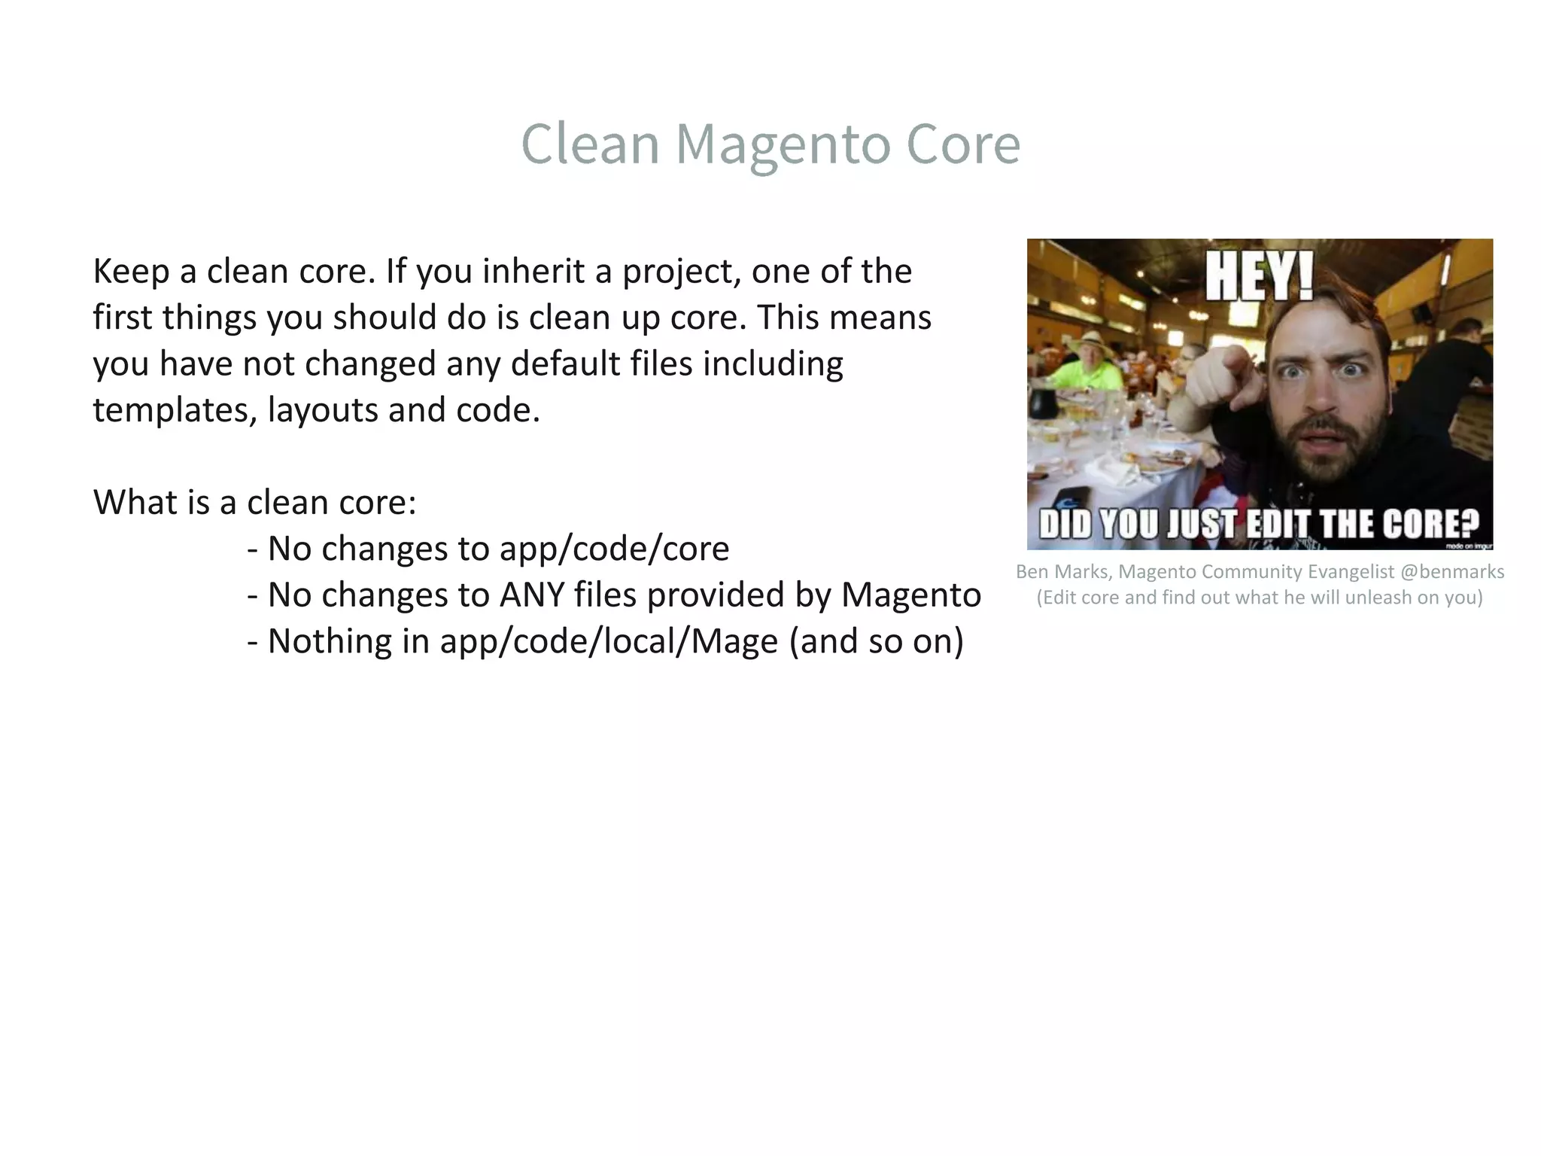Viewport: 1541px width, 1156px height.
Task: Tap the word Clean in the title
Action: pos(590,144)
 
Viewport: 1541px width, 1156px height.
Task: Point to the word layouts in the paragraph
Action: pos(323,411)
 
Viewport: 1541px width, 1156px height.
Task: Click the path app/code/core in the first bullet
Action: pos(614,549)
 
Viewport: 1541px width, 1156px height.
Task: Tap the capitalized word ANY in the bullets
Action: pos(532,595)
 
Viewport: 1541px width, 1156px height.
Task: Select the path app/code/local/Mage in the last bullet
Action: pos(609,641)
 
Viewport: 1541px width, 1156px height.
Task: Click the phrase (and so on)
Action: pos(877,641)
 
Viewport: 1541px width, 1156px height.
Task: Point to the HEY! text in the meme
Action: pos(1259,276)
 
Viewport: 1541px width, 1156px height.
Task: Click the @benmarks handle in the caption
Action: pos(1451,572)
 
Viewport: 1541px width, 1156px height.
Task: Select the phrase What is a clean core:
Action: pos(254,503)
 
